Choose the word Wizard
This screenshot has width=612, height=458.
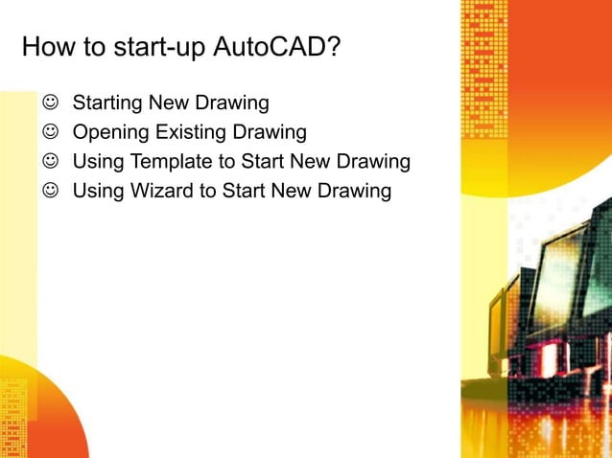point(160,191)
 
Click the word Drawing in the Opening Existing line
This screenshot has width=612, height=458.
point(269,131)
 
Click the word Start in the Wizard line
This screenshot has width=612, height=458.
point(244,191)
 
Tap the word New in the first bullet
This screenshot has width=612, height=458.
point(170,102)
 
